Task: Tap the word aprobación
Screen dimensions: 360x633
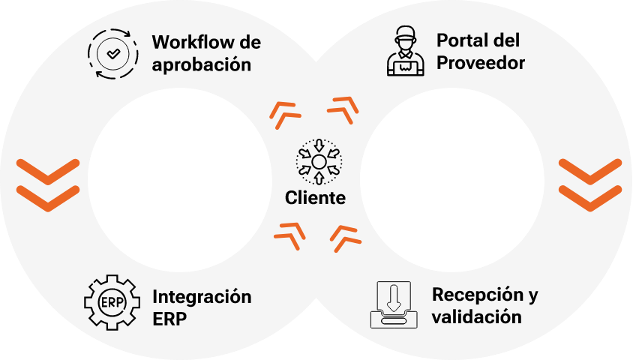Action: coord(201,64)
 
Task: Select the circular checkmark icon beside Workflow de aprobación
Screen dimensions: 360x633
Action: coord(112,54)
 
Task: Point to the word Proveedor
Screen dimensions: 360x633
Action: coord(480,63)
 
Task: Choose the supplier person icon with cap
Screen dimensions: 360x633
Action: coord(403,52)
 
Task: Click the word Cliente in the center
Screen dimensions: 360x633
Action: coord(316,199)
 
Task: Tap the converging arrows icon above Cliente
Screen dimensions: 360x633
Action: coord(318,161)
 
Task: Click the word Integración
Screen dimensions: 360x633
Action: coord(202,296)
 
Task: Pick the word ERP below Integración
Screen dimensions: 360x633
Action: coord(169,319)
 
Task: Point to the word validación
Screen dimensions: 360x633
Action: coord(476,316)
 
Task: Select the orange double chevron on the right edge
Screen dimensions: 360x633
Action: coord(590,184)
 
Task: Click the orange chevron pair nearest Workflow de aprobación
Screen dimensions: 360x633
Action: coord(286,112)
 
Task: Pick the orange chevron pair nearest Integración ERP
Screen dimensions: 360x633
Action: coord(289,234)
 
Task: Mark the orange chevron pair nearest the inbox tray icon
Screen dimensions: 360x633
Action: coord(345,237)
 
